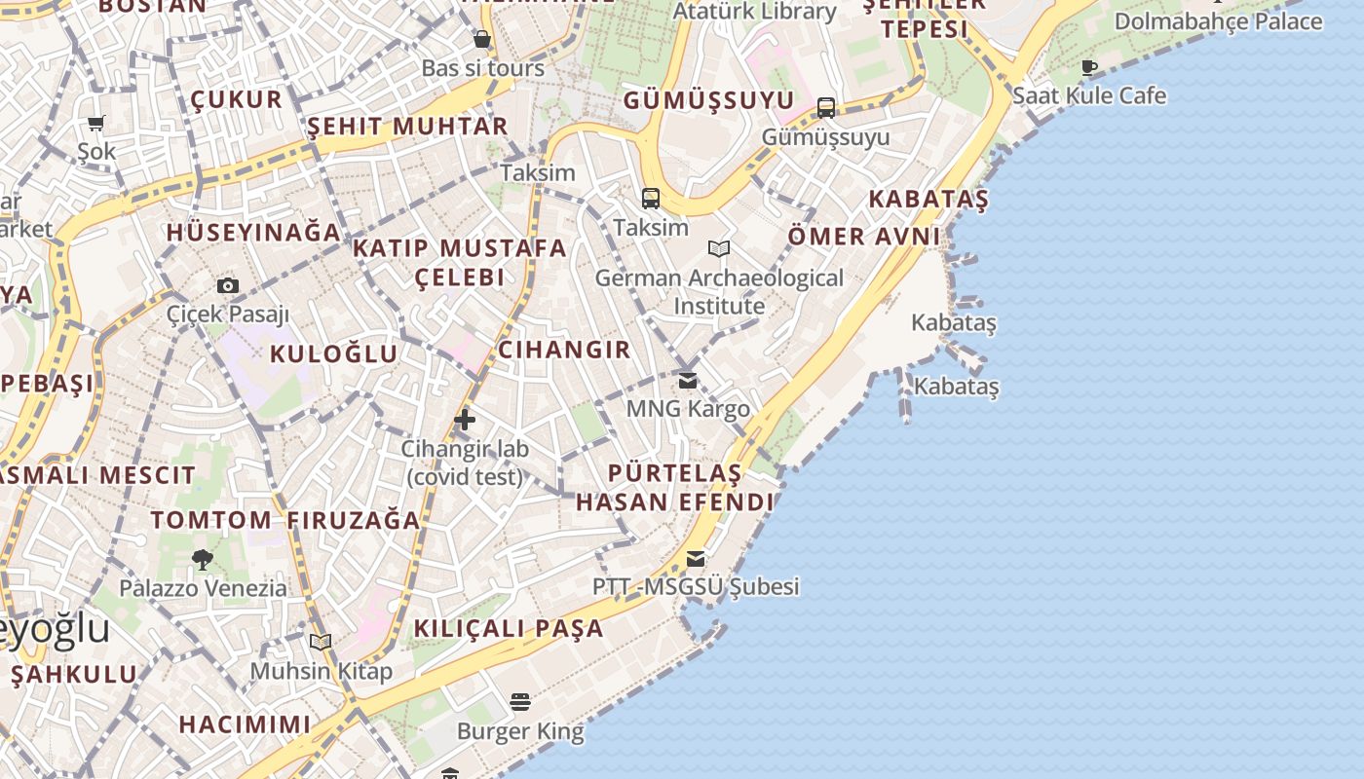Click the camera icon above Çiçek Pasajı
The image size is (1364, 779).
tap(228, 285)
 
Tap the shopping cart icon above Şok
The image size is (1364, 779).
tap(96, 123)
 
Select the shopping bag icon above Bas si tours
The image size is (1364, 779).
tap(481, 39)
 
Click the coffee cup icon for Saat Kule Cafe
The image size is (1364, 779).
tap(1089, 67)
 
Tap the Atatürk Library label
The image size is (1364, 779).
tap(754, 12)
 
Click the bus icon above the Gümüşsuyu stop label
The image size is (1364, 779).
tap(826, 107)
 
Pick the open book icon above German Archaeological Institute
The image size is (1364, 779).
tap(719, 249)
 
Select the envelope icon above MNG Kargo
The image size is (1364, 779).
tap(688, 380)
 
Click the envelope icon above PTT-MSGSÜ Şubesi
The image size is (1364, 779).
tap(696, 559)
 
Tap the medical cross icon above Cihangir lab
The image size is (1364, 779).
tap(465, 421)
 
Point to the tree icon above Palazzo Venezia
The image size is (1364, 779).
tap(203, 560)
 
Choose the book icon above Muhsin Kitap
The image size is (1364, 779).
tap(321, 643)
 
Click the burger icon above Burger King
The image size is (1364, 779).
tap(520, 702)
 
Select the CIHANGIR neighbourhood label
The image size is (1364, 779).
tap(564, 350)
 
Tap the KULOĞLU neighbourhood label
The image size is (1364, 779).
tap(334, 353)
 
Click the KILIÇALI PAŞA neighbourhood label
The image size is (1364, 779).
tap(509, 628)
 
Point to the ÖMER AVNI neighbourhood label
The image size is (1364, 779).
tap(863, 236)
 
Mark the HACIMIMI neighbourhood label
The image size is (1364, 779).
tap(245, 724)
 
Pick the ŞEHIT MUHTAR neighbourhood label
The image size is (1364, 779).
tap(407, 126)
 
